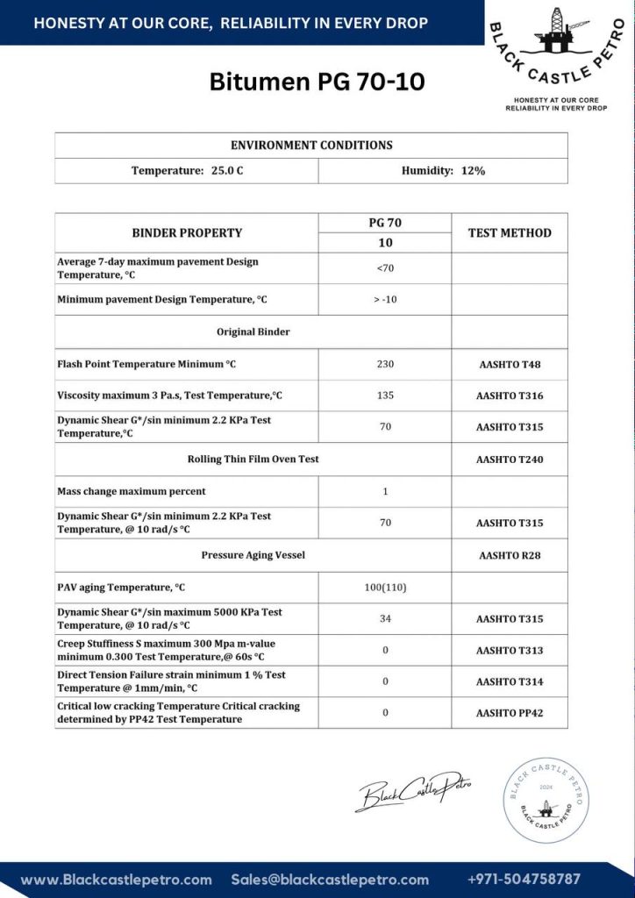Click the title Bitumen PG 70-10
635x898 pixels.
(317, 82)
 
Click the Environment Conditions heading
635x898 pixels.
(311, 145)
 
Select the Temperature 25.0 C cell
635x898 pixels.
(187, 170)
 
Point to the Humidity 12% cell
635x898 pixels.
(443, 170)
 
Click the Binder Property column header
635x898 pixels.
(187, 232)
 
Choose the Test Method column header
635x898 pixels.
(510, 232)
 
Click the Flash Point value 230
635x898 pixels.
(385, 364)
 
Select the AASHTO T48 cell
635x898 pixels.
(510, 364)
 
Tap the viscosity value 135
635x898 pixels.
(385, 396)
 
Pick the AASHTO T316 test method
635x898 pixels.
(510, 396)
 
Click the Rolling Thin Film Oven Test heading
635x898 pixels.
(253, 459)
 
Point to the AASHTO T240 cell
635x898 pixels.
(510, 459)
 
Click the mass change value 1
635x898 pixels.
(385, 491)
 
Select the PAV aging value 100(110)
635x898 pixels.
(385, 587)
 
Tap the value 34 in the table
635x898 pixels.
(385, 618)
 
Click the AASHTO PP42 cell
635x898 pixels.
(510, 713)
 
